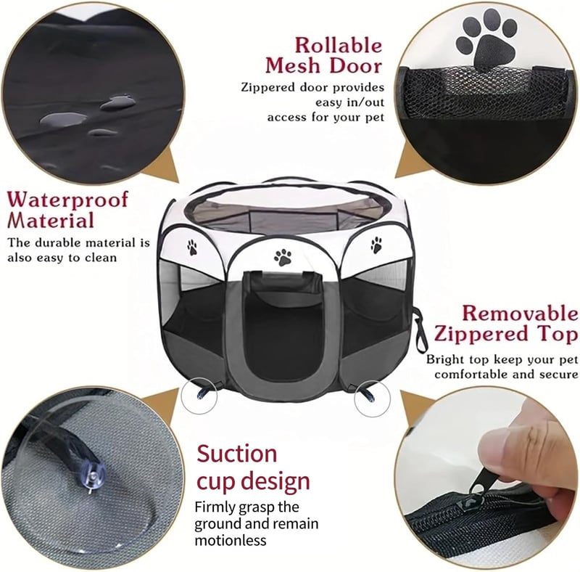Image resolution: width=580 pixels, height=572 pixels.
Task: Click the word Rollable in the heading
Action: coord(338,46)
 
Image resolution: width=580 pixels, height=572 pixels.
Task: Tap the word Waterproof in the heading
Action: coord(67,200)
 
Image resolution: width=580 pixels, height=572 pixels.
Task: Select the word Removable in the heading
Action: coord(520,314)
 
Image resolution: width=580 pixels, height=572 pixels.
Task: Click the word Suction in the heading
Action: coord(237,454)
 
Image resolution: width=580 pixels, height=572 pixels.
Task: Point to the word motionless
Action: coord(231,540)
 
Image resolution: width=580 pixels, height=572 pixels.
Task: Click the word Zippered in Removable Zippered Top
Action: coord(483,333)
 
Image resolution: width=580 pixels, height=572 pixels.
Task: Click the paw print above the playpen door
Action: coord(283,258)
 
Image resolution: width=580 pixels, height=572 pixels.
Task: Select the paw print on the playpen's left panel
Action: coord(192,248)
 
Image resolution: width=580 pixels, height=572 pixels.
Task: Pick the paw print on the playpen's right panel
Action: coord(376,245)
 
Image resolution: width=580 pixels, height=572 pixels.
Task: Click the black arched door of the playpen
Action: coord(283,326)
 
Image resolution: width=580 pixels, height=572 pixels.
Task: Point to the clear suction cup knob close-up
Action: coord(94,477)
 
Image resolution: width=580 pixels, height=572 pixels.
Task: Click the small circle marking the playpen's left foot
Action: coord(199,396)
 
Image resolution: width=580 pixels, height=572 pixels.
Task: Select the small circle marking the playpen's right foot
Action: coord(372,399)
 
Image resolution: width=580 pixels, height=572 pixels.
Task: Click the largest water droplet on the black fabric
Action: coord(63,119)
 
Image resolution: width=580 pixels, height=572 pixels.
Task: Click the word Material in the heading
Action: coord(51,220)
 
